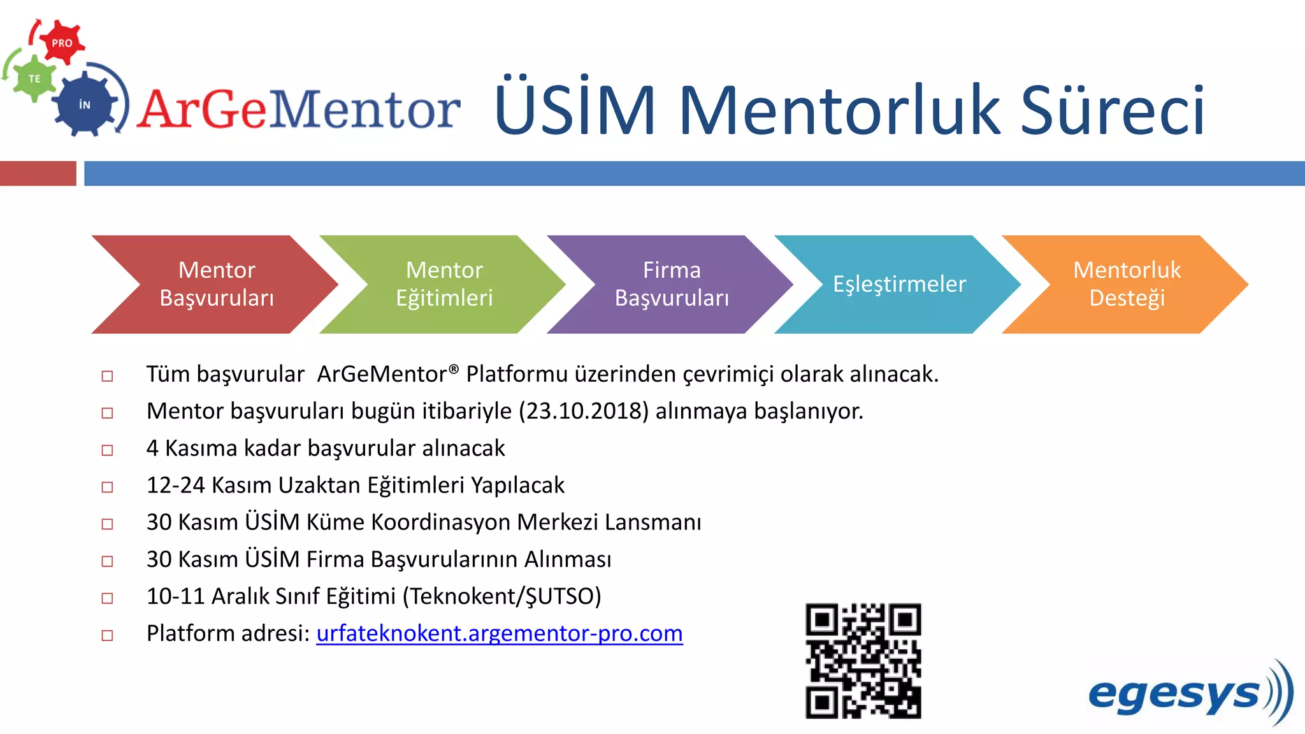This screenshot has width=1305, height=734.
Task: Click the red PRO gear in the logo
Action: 61,42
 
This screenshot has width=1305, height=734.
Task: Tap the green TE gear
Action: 34,78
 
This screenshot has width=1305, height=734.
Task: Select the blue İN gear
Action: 85,104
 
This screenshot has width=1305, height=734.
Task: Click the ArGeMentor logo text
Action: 298,108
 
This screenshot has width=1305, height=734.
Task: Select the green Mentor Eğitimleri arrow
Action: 444,284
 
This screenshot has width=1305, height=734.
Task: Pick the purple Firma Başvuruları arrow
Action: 672,284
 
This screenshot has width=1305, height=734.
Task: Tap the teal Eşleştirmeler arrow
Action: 899,284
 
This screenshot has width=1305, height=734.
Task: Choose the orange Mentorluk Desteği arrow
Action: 1127,284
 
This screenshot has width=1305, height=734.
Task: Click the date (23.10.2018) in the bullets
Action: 584,412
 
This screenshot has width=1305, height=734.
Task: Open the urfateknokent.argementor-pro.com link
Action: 499,633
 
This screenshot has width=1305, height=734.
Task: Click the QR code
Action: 863,661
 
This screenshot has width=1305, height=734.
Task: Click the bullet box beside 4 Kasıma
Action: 107,450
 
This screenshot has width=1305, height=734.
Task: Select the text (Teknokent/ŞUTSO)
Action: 501,596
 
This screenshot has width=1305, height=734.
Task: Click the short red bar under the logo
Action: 38,173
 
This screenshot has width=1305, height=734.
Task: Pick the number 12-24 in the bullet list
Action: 175,486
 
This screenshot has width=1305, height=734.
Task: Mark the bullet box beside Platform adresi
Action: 107,635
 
